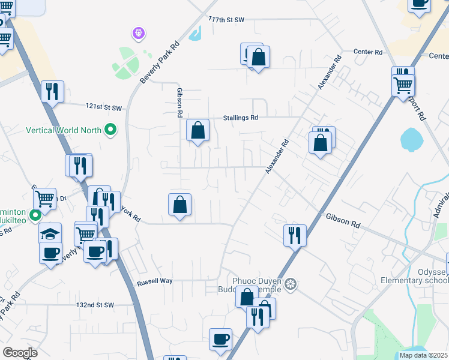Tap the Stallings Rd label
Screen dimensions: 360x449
[241, 118]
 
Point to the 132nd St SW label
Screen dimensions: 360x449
[95, 305]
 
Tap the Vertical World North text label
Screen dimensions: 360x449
[64, 130]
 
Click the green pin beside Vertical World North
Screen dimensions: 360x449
[110, 130]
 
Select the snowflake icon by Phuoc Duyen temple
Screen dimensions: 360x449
[291, 283]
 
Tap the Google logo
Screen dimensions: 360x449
[20, 353]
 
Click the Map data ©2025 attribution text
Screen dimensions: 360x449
[423, 355]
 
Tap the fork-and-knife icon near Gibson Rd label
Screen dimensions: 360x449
[295, 235]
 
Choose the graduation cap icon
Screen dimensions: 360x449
[50, 233]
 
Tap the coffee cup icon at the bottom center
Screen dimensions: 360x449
[220, 339]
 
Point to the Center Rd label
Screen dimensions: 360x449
[368, 53]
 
